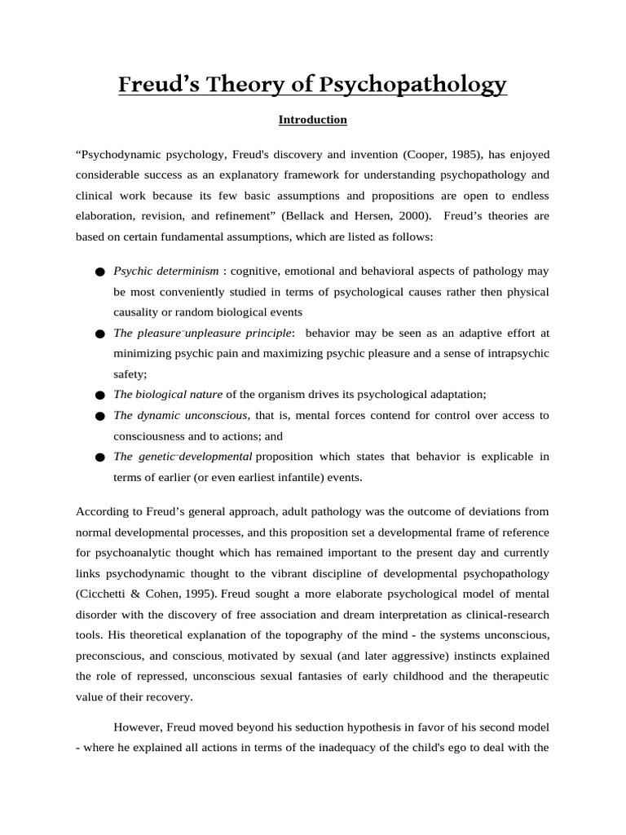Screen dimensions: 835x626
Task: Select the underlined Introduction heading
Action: [313, 120]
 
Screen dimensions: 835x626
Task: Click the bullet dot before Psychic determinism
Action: [99, 272]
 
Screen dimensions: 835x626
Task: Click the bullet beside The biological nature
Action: [99, 395]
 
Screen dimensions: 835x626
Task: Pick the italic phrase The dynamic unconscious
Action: [180, 415]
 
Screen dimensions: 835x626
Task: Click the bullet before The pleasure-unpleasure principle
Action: [99, 334]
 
